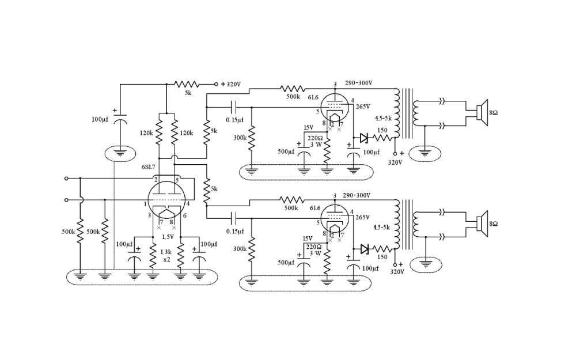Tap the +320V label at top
tap(230, 84)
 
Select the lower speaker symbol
tap(482, 223)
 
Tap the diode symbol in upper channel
tap(363, 138)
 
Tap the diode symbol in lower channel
tap(363, 249)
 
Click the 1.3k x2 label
tap(166, 256)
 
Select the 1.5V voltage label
tap(168, 237)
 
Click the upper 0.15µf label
tap(234, 120)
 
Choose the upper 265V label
tap(362, 107)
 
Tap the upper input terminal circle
tap(67, 179)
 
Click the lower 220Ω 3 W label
tap(314, 250)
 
